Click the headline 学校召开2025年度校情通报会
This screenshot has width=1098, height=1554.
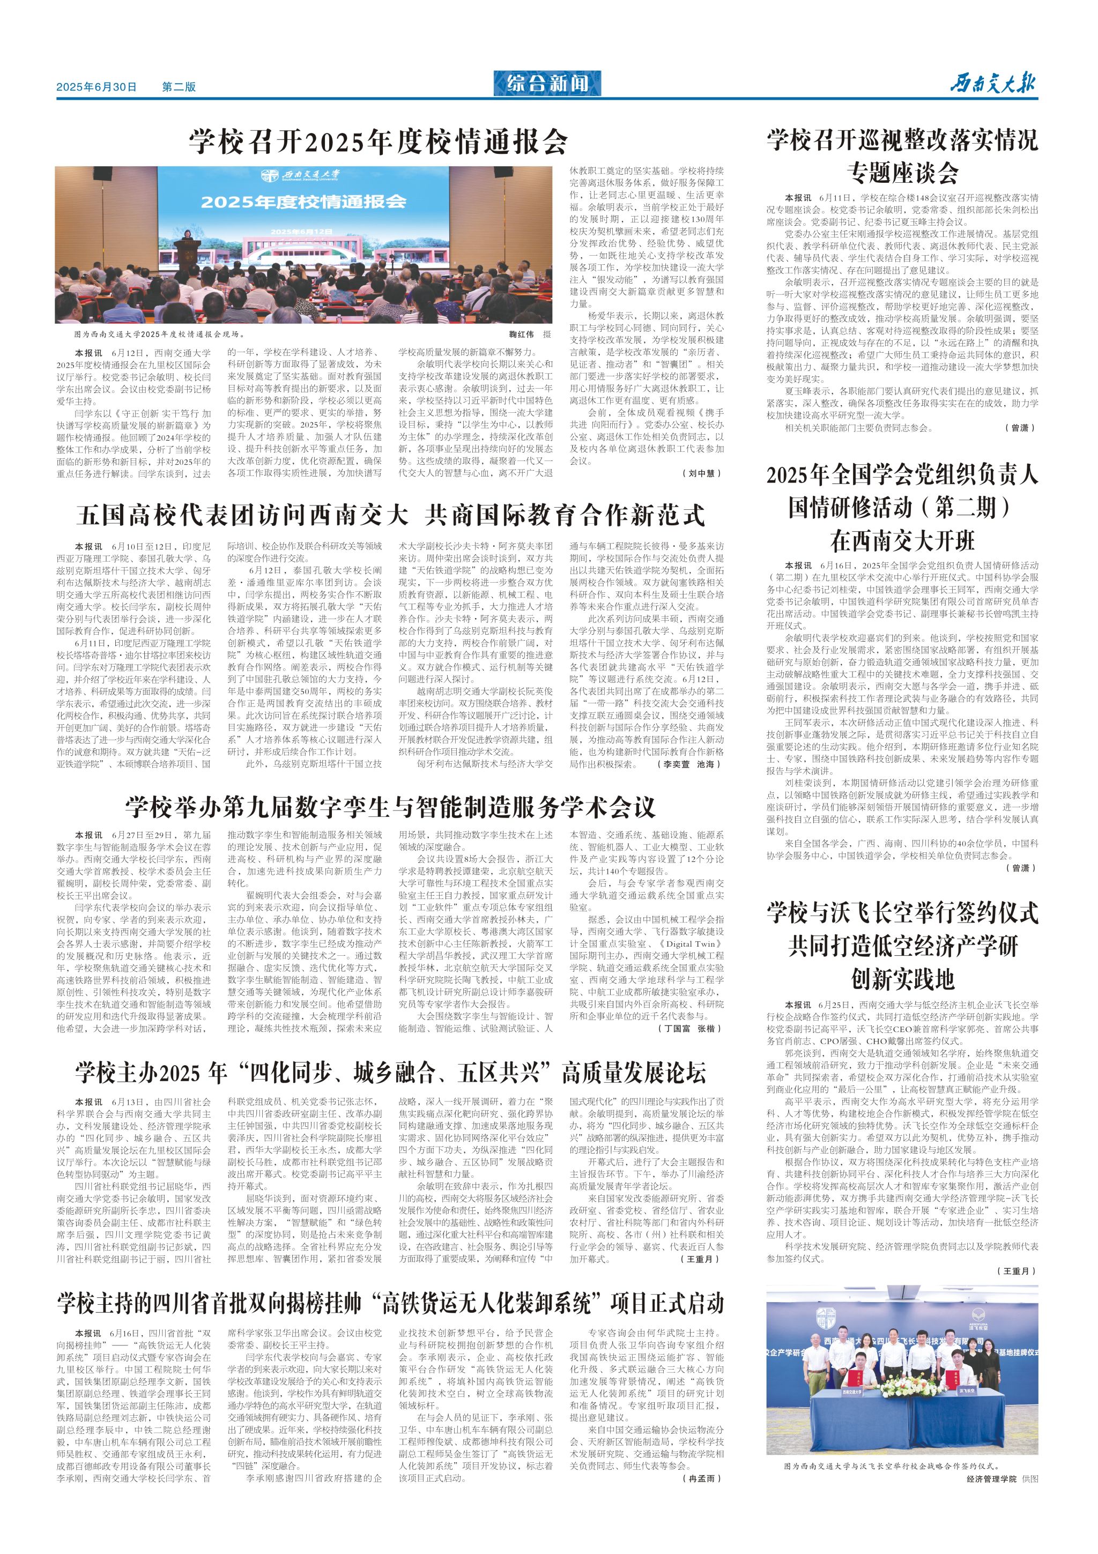tap(379, 142)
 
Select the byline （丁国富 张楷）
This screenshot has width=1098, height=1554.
tap(689, 1028)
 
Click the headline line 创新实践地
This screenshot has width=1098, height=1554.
tap(902, 978)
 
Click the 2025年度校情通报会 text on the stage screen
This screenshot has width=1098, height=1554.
tap(303, 201)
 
